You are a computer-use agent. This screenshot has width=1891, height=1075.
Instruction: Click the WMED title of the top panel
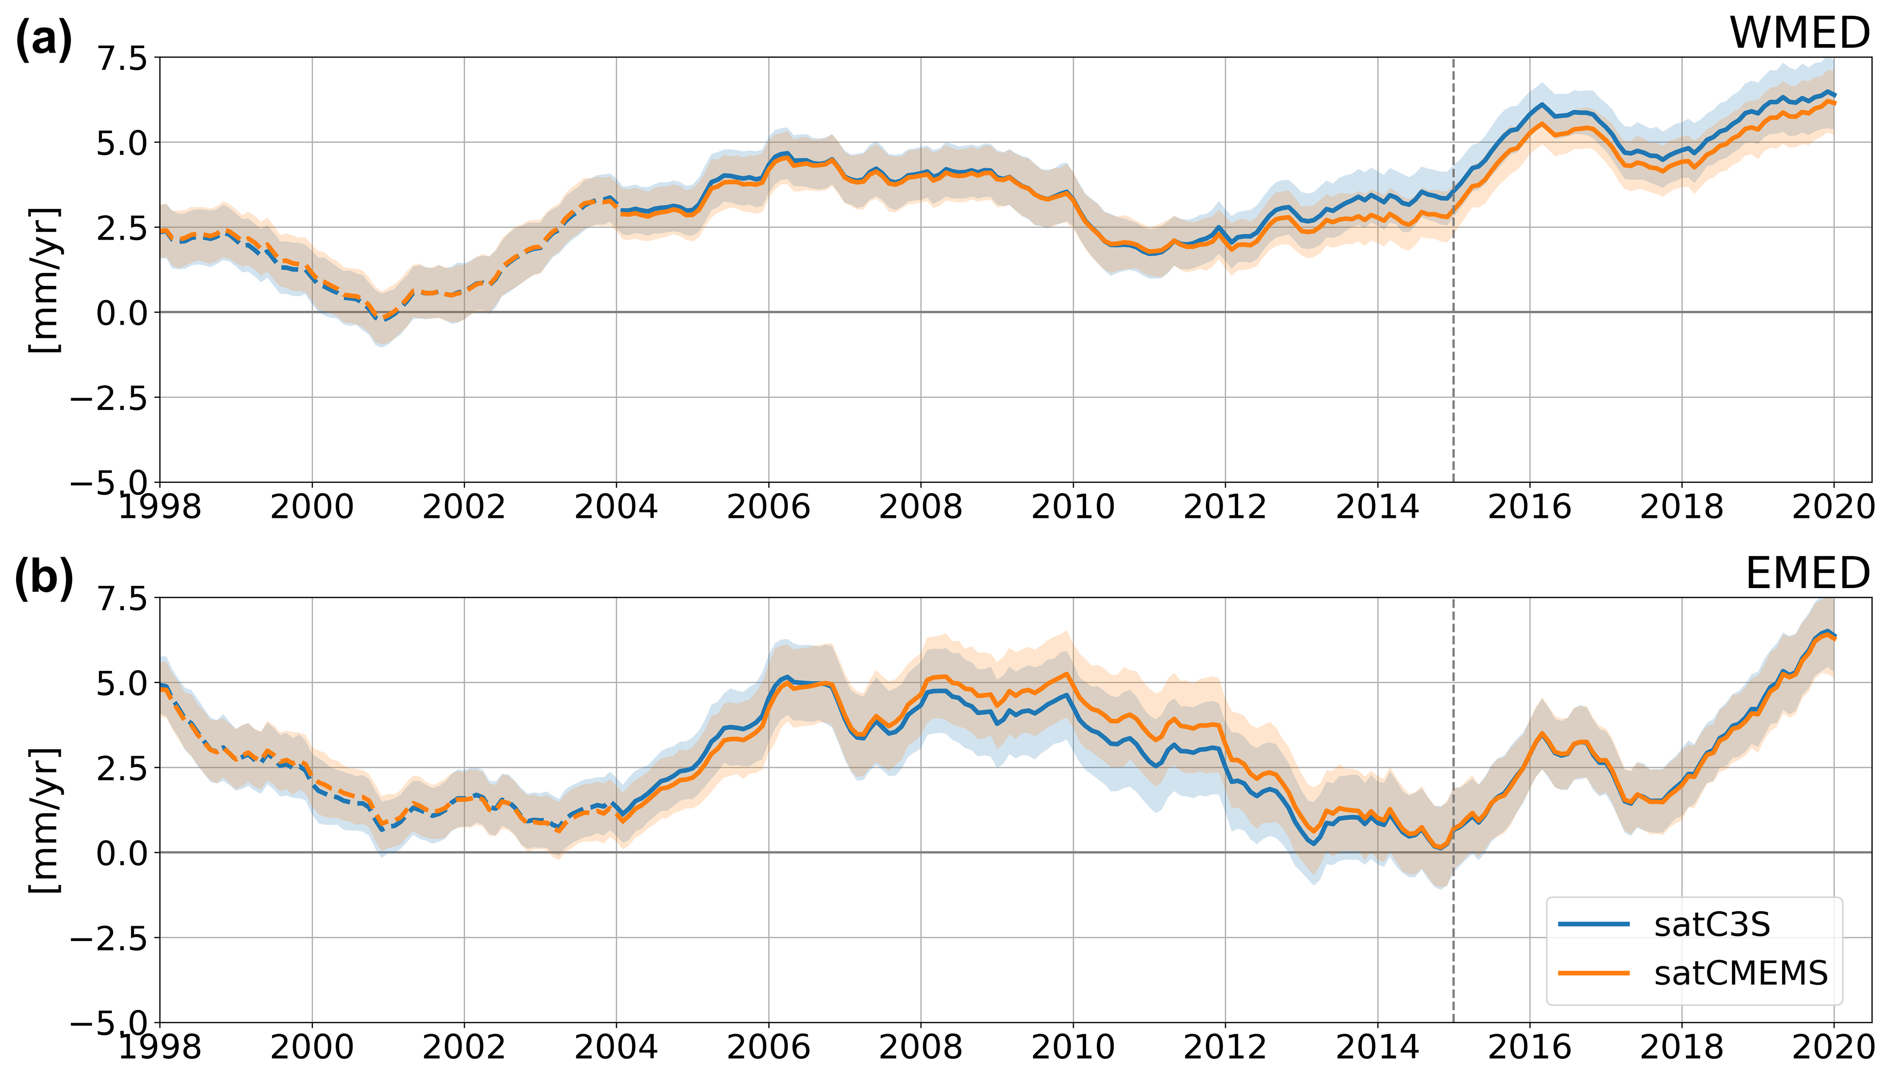[1799, 33]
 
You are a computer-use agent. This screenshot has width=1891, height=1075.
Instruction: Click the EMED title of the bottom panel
[1807, 574]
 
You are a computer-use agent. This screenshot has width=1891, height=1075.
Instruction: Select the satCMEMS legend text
[1740, 973]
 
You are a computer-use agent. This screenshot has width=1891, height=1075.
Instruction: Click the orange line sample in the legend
[1593, 973]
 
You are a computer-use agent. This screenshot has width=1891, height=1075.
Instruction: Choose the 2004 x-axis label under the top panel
[616, 507]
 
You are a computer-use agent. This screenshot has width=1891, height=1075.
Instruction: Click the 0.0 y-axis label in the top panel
[122, 313]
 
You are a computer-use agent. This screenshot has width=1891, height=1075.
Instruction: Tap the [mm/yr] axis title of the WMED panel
[45, 281]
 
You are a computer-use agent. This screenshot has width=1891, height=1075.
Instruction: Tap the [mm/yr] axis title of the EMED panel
[45, 821]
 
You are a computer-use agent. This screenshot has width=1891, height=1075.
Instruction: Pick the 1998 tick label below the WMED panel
[160, 507]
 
